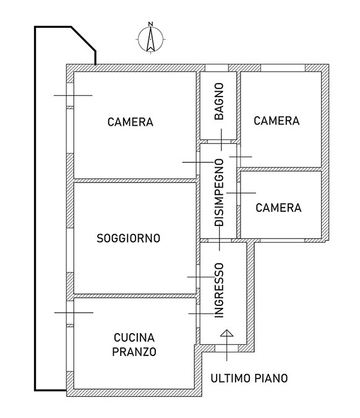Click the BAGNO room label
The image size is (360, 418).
coord(219,102)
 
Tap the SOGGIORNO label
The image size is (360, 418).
coord(128,238)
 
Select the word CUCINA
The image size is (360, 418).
coord(134,337)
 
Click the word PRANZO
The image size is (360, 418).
coord(134,352)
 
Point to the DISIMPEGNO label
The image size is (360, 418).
coord(219,193)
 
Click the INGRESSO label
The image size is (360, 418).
coord(219,290)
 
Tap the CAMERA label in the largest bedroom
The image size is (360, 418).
coord(131,122)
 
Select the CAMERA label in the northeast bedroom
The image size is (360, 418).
coord(276,121)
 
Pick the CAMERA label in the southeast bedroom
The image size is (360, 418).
coord(278,207)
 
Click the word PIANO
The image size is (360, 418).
coord(271,378)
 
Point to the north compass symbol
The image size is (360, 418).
coord(151,39)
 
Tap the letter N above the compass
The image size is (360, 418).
coord(151,24)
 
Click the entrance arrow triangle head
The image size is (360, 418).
coord(227,333)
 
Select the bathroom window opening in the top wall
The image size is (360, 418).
coord(216,67)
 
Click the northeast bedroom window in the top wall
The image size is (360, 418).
coord(283,67)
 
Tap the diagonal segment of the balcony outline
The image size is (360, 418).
coord(84,38)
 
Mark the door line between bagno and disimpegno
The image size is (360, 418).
coord(221,140)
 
